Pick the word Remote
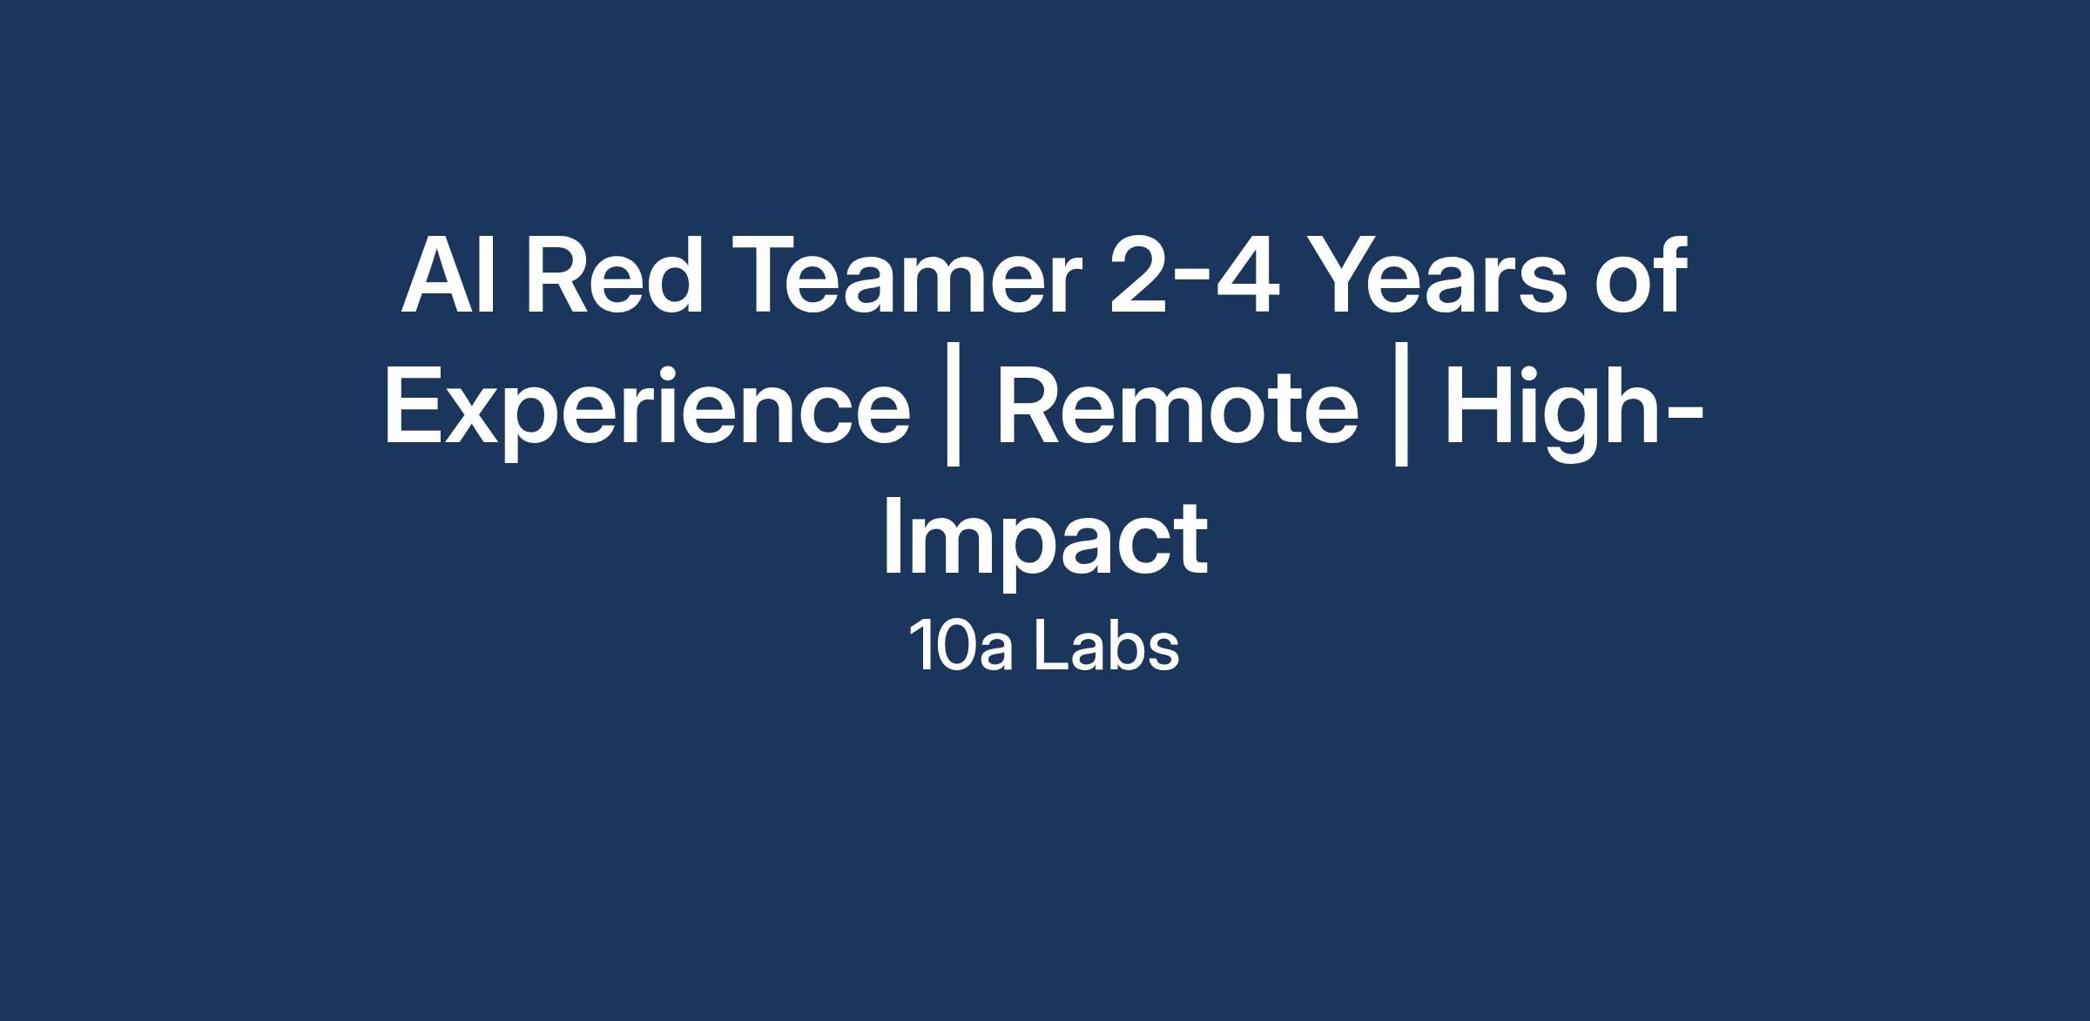[x=1177, y=407]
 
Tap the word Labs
[x=1106, y=648]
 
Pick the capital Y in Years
[x=1345, y=276]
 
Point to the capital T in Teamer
[x=765, y=276]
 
